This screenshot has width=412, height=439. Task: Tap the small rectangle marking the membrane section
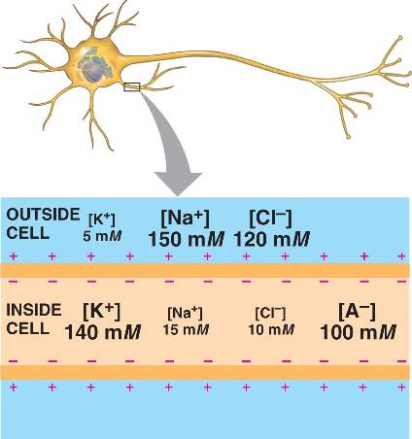[132, 86]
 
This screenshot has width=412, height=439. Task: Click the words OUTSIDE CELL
[43, 223]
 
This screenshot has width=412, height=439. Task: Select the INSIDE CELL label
[34, 320]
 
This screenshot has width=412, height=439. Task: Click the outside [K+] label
[102, 219]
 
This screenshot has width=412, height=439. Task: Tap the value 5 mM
[102, 236]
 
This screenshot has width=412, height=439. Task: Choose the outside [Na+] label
[185, 219]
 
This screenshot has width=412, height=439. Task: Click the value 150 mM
[187, 239]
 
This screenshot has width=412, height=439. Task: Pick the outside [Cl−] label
[270, 219]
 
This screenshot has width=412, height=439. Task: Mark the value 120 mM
[271, 239]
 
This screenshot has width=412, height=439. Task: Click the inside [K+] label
[102, 311]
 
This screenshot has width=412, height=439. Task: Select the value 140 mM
[103, 332]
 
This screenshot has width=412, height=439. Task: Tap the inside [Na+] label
[185, 313]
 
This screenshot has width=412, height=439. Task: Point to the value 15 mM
[186, 330]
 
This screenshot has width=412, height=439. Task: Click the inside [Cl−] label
[270, 313]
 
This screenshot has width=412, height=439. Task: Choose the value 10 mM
[271, 330]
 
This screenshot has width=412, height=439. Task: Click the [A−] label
[357, 311]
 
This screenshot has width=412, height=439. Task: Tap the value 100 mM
[358, 332]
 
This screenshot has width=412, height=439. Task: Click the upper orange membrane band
[206, 270]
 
